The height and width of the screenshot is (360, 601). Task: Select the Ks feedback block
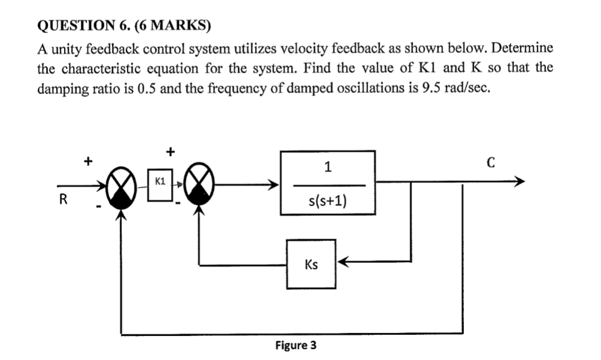click(311, 264)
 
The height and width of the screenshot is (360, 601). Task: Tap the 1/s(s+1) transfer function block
click(328, 183)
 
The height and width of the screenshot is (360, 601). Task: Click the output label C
click(491, 162)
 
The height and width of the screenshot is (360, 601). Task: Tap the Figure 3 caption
click(296, 346)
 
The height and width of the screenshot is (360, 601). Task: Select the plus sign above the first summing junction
click(89, 161)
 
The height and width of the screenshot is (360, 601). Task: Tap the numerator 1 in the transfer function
click(327, 168)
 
